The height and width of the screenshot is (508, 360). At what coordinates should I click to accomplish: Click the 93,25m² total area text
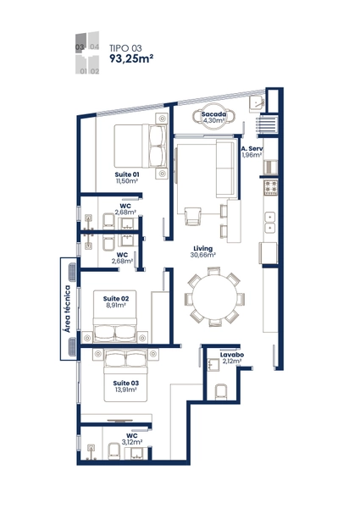(x=131, y=58)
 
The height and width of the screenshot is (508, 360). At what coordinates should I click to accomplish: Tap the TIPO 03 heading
(x=125, y=48)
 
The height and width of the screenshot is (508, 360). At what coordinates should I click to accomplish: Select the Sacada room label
(x=213, y=114)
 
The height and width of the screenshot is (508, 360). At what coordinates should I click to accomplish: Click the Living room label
(x=203, y=248)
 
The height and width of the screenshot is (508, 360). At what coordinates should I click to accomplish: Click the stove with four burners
(x=271, y=188)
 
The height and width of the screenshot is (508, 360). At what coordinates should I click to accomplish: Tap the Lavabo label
(x=232, y=355)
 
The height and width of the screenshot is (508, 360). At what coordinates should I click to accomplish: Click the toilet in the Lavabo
(x=221, y=392)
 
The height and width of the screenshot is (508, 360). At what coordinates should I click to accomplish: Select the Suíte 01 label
(x=127, y=174)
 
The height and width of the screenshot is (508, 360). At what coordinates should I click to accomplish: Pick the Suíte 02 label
(x=116, y=298)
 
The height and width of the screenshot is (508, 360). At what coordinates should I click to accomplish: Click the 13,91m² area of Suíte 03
(x=125, y=389)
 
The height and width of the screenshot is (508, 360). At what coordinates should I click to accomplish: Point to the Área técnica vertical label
(x=68, y=309)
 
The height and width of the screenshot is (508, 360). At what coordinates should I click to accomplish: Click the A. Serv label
(x=252, y=149)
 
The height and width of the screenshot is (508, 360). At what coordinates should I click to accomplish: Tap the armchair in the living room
(x=193, y=216)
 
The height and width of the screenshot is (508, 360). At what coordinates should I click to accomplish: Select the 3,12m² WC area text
(x=132, y=442)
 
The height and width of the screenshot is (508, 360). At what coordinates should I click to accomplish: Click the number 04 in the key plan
(x=94, y=47)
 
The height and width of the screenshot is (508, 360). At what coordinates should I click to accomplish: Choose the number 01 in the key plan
(x=83, y=71)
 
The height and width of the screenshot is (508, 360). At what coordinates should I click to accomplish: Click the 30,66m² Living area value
(x=203, y=255)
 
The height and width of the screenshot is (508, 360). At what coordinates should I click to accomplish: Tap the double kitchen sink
(x=270, y=222)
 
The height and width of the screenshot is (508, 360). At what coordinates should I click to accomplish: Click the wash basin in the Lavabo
(x=213, y=365)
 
